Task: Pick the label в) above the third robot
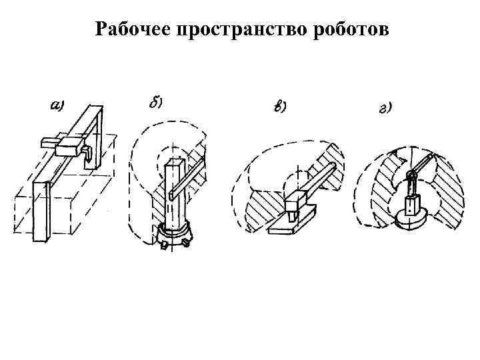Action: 280,107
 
